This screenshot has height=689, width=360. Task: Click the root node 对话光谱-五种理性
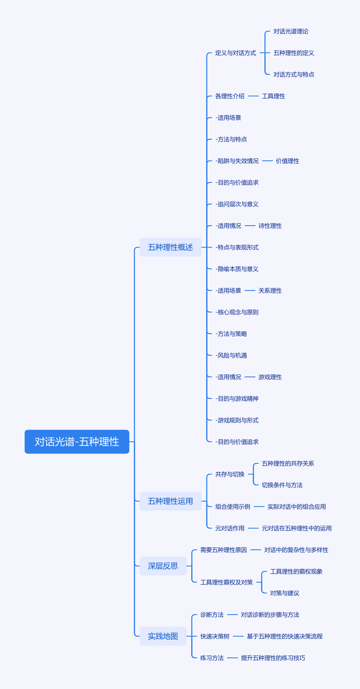77,441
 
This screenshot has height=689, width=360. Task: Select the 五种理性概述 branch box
170,247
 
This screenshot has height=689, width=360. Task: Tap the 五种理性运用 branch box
170,501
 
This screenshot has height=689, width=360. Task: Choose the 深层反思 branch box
163,566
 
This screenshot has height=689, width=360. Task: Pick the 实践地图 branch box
163,636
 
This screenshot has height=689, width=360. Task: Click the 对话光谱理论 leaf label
291,31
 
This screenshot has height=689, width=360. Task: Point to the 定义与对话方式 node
235,53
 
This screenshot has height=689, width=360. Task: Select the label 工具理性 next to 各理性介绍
273,96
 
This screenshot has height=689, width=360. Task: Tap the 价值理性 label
287,161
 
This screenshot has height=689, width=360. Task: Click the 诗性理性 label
270,226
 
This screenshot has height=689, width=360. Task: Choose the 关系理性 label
270,290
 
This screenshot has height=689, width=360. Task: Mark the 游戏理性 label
270,377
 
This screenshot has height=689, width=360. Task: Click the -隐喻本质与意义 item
237,269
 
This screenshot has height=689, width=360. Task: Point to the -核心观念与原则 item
237,312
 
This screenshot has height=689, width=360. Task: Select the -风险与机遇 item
231,355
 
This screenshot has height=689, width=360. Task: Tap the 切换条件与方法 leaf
282,485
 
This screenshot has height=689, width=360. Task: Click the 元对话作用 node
229,528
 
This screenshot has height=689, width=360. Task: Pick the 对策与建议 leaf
284,593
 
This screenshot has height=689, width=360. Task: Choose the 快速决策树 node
215,636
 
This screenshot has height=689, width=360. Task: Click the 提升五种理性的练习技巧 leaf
273,658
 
